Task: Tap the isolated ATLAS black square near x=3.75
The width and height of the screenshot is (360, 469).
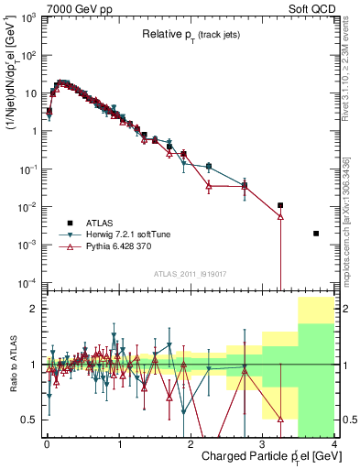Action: tap(316, 234)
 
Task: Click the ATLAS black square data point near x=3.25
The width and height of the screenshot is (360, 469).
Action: tap(280, 206)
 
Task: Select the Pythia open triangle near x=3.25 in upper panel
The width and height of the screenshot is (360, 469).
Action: tap(280, 217)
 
